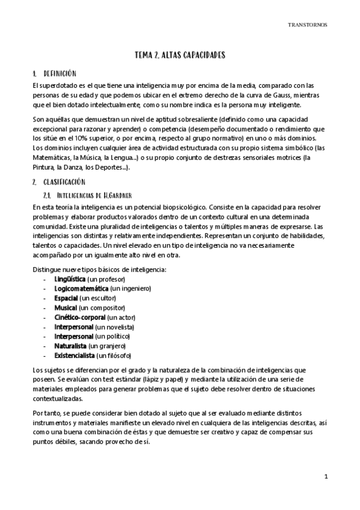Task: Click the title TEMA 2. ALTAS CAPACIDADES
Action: pos(180,55)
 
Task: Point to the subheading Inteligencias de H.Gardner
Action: pos(92,195)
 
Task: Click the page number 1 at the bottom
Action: pos(325,477)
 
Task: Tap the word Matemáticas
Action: pos(59,158)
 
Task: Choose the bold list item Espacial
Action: pos(66,298)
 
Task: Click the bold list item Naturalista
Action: pos(70,345)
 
